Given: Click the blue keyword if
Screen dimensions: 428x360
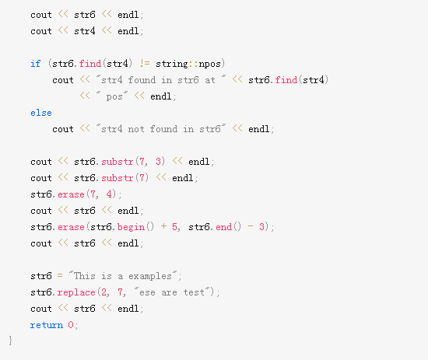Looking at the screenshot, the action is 36,64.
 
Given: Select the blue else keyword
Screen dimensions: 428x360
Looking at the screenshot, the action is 41,113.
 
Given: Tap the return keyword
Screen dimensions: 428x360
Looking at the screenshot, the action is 47,325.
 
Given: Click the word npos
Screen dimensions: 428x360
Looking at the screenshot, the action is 209,65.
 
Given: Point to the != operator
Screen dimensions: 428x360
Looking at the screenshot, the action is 145,64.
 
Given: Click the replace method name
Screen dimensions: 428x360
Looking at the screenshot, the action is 76,292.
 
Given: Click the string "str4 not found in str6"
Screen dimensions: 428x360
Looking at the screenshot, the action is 161,129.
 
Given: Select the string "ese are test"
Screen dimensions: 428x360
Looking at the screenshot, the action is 172,292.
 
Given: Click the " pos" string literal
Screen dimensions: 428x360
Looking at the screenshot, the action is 112,96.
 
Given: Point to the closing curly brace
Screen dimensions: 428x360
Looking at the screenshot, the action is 10,341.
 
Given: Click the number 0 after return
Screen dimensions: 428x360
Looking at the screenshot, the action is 71,324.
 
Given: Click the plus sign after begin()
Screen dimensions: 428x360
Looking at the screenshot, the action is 163,226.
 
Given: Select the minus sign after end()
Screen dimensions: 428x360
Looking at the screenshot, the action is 251,226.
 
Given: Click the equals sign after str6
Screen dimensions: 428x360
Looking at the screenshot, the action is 60,276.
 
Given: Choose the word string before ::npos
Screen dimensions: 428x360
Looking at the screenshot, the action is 172,64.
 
